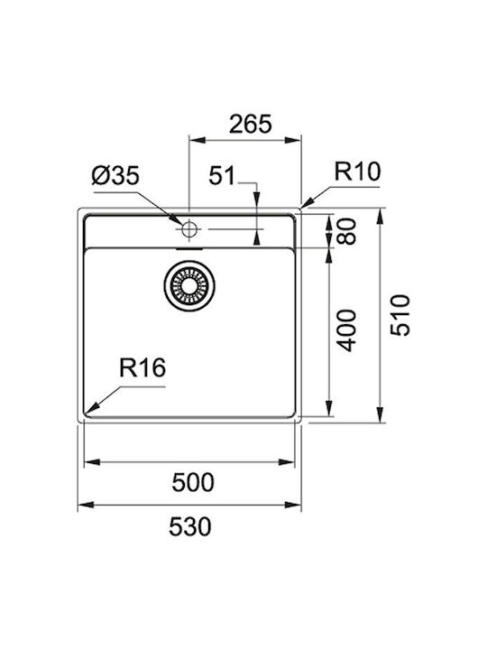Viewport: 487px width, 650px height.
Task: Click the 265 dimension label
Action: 251,124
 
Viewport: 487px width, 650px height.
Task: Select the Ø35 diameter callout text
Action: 115,175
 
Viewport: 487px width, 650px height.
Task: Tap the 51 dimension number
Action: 222,175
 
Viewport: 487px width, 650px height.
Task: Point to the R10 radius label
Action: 357,172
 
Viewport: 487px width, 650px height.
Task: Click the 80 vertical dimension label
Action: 346,232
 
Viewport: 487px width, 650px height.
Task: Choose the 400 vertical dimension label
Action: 346,330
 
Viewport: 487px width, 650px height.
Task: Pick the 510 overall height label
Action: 400,315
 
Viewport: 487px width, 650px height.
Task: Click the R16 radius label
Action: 142,367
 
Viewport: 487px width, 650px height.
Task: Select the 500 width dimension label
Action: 193,482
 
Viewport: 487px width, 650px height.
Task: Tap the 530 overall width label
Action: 190,526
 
